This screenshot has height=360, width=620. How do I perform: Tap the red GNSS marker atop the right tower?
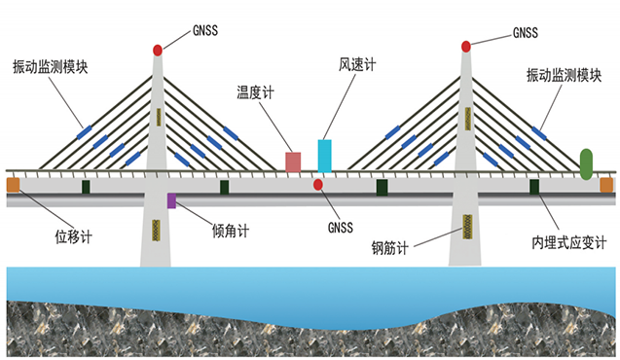[x=466, y=46]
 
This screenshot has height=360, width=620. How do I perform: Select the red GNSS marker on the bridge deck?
[x=317, y=184]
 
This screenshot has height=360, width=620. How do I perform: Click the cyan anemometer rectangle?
[x=324, y=156]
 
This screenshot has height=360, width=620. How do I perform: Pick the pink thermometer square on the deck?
[x=292, y=162]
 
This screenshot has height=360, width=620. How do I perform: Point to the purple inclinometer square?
[x=171, y=200]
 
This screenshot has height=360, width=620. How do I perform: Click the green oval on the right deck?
[x=586, y=163]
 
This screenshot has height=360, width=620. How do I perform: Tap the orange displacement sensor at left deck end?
[x=13, y=184]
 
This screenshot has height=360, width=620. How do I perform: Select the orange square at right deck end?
[x=606, y=184]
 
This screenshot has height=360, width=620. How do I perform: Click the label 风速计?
[x=355, y=64]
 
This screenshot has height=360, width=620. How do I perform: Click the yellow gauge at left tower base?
[x=156, y=230]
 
